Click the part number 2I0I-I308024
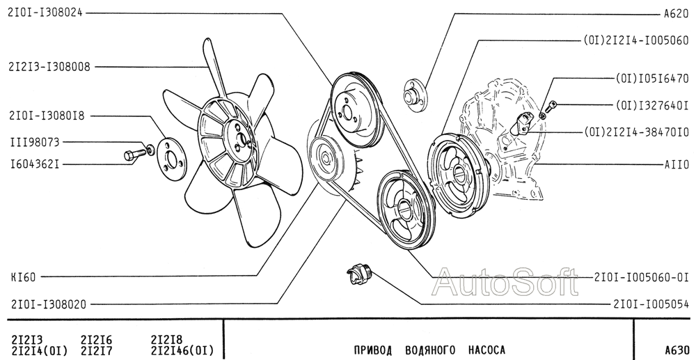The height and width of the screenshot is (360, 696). point(45,13)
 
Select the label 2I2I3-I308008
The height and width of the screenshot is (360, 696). point(49,67)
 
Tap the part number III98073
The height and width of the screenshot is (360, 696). point(35,143)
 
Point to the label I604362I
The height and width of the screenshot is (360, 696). point(35,165)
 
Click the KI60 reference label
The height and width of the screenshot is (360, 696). point(23,277)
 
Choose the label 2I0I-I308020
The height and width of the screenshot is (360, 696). point(49,304)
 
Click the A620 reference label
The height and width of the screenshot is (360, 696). point(676,14)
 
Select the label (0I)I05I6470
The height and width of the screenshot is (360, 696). point(652,79)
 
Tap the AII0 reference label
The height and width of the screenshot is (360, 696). point(677,165)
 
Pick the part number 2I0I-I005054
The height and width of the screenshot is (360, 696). point(651,304)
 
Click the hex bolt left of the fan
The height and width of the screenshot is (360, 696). point(134,155)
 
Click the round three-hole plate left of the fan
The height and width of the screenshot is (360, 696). point(172,159)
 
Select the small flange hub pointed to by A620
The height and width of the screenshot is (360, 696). point(413,95)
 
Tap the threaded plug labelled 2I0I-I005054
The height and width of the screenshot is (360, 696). point(360,274)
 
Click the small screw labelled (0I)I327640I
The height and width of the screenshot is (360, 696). point(551,106)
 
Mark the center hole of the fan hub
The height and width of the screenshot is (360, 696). point(243,140)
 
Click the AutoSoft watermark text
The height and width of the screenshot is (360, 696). point(505,282)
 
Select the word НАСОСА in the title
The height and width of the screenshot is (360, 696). point(487,350)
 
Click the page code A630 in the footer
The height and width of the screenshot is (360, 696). point(677,350)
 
